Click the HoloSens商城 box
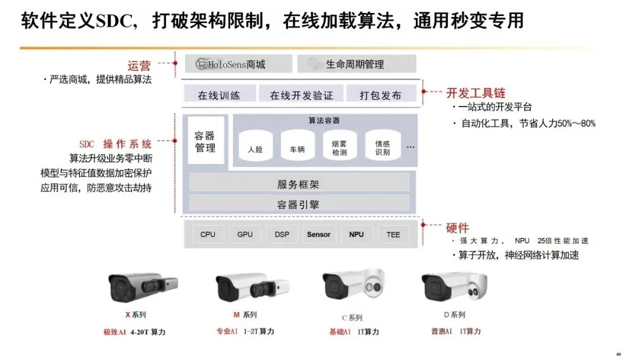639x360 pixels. click(x=238, y=64)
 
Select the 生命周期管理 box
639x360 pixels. click(x=356, y=64)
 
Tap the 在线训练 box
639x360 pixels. click(x=219, y=95)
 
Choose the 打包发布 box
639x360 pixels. click(x=382, y=95)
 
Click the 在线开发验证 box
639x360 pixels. click(x=301, y=95)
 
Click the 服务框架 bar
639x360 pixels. click(x=299, y=184)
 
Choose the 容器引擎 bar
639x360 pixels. click(x=299, y=205)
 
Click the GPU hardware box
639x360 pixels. click(x=245, y=234)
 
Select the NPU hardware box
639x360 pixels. click(x=356, y=234)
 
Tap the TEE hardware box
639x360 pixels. click(x=393, y=234)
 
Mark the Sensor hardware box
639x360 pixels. click(x=319, y=234)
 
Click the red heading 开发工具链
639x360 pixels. click(x=476, y=93)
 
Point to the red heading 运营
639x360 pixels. click(x=140, y=66)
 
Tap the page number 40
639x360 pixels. click(x=618, y=354)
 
